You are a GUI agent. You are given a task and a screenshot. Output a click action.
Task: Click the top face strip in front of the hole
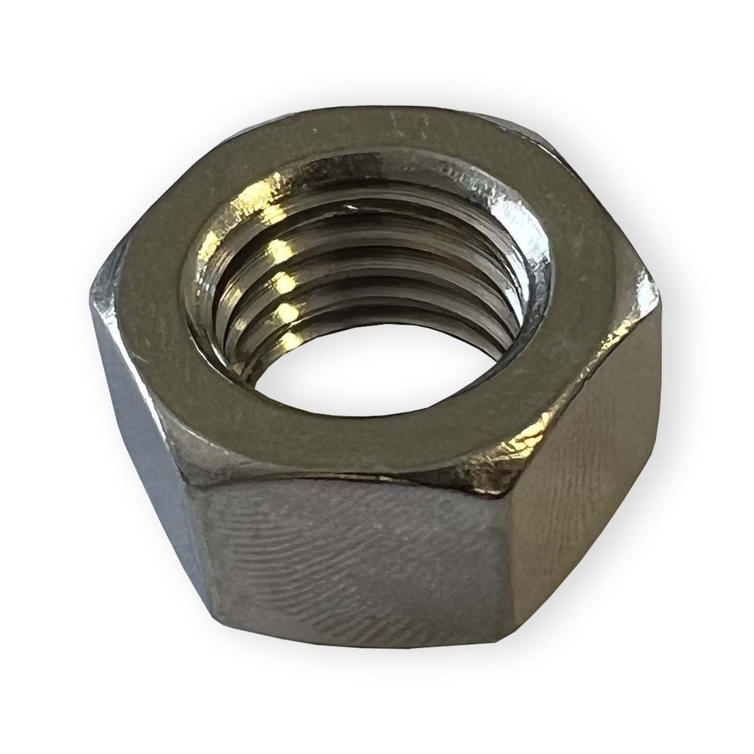tap(368, 442)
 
